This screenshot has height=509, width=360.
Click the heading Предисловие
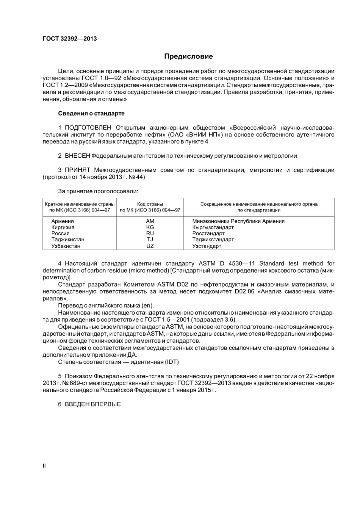pos(188,56)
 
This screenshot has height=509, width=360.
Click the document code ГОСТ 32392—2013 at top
pos(69,39)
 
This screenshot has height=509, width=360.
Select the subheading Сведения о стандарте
pos(91,113)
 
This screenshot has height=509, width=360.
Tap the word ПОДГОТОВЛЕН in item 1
pos(88,128)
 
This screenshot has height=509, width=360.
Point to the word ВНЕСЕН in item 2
pos(77,156)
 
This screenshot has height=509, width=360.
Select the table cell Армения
pos(63,221)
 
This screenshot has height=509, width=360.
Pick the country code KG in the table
pos(150,227)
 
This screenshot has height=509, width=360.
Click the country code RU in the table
pos(150,233)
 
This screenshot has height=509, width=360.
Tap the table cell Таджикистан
pos(68,240)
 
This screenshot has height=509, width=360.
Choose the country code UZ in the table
pos(150,246)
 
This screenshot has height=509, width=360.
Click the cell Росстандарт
pos(208,233)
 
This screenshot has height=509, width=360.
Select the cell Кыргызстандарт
pos(213,227)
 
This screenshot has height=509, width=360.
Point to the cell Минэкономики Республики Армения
pos(238,221)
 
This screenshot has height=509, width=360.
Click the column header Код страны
pos(150,204)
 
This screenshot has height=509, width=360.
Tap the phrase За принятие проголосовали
pos(98,191)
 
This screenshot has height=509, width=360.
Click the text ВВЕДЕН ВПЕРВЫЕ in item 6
pos(93,404)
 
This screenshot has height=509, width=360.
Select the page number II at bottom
pos(44,466)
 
